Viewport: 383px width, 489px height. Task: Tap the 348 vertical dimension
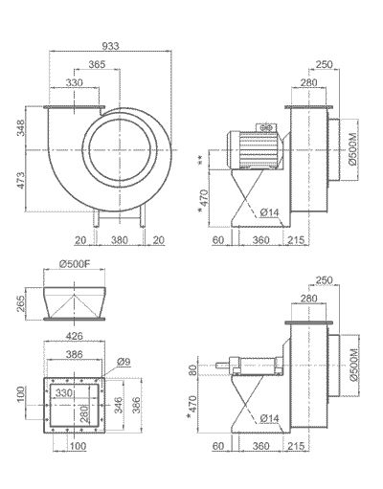(34, 127)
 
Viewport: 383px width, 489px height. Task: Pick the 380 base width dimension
(118, 239)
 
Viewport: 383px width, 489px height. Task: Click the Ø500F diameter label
(74, 263)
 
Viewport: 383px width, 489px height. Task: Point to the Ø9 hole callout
(124, 363)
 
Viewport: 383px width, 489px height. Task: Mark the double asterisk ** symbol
(199, 159)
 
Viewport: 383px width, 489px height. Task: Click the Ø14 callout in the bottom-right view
(270, 418)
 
